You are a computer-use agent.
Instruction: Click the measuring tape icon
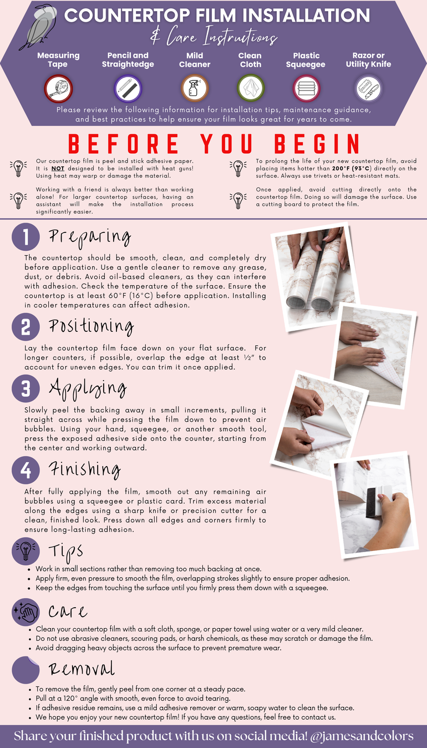(x=58, y=89)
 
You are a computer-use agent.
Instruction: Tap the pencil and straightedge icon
(x=128, y=89)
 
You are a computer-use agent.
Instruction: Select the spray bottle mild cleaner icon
(x=195, y=88)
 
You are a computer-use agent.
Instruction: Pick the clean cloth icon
(x=251, y=88)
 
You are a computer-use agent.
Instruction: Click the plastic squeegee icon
(x=306, y=89)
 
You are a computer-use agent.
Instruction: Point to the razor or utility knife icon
(x=368, y=89)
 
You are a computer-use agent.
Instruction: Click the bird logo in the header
(x=38, y=27)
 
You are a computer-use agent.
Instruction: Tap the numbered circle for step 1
(x=26, y=237)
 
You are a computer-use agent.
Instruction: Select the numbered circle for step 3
(x=26, y=388)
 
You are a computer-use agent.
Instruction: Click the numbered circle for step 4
(x=26, y=470)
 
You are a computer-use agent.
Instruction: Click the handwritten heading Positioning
(x=91, y=326)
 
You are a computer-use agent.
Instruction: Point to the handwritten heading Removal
(x=82, y=669)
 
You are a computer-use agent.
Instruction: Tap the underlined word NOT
(x=58, y=169)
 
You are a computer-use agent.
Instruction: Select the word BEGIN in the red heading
(x=317, y=144)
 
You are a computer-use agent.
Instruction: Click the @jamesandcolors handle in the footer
(x=362, y=736)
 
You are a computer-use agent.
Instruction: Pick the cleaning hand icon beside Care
(x=26, y=612)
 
